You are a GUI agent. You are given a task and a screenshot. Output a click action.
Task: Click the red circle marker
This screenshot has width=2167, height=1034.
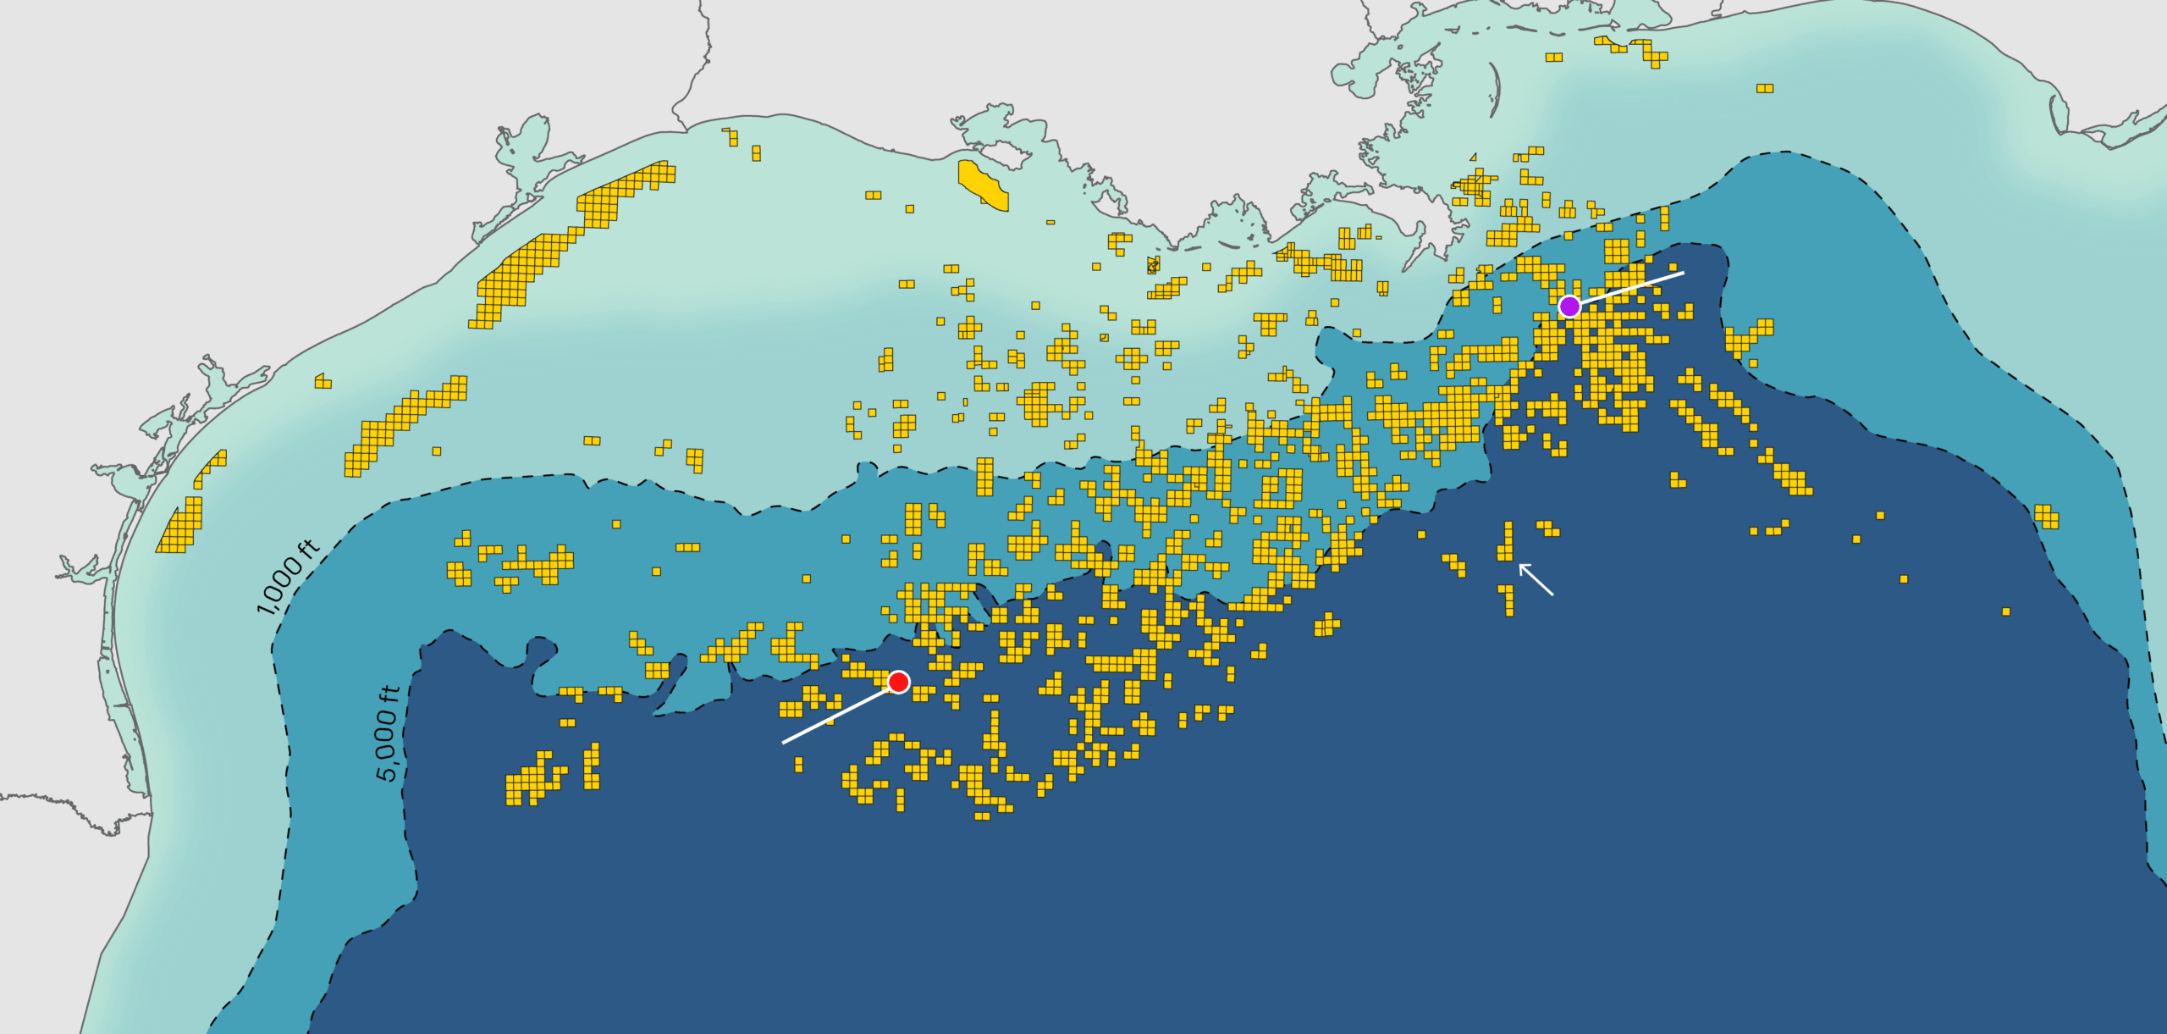tap(898, 682)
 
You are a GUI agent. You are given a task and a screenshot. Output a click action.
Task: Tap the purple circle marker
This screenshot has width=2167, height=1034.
tap(1569, 307)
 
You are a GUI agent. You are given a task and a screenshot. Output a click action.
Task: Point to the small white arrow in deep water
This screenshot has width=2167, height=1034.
tap(1536, 579)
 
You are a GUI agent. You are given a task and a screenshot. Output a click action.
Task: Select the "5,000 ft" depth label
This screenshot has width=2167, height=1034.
tap(387, 733)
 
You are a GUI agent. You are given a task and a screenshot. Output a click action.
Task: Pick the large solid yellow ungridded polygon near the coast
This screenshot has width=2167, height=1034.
tap(982, 184)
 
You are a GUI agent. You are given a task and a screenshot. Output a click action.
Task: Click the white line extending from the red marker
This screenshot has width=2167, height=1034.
tap(838, 714)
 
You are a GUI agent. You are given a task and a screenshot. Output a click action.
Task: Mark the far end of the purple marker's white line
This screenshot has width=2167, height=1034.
tap(1684, 273)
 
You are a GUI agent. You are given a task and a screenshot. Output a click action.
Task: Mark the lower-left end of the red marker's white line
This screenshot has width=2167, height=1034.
tap(783, 743)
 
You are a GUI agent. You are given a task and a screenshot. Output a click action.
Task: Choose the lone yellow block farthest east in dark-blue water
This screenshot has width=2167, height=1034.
tap(2005, 611)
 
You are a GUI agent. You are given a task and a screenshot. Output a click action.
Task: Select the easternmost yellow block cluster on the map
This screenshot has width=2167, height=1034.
tap(2046, 516)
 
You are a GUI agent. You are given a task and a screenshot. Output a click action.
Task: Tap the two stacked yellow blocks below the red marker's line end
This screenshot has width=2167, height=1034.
tap(798, 765)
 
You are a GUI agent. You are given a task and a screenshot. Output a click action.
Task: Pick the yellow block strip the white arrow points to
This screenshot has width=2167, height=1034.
tap(1507, 542)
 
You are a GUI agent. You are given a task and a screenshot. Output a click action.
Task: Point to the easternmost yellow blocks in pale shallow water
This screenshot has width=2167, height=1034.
tap(1764, 88)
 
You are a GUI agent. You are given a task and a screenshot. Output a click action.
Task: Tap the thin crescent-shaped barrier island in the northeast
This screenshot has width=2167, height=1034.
tap(1494, 89)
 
